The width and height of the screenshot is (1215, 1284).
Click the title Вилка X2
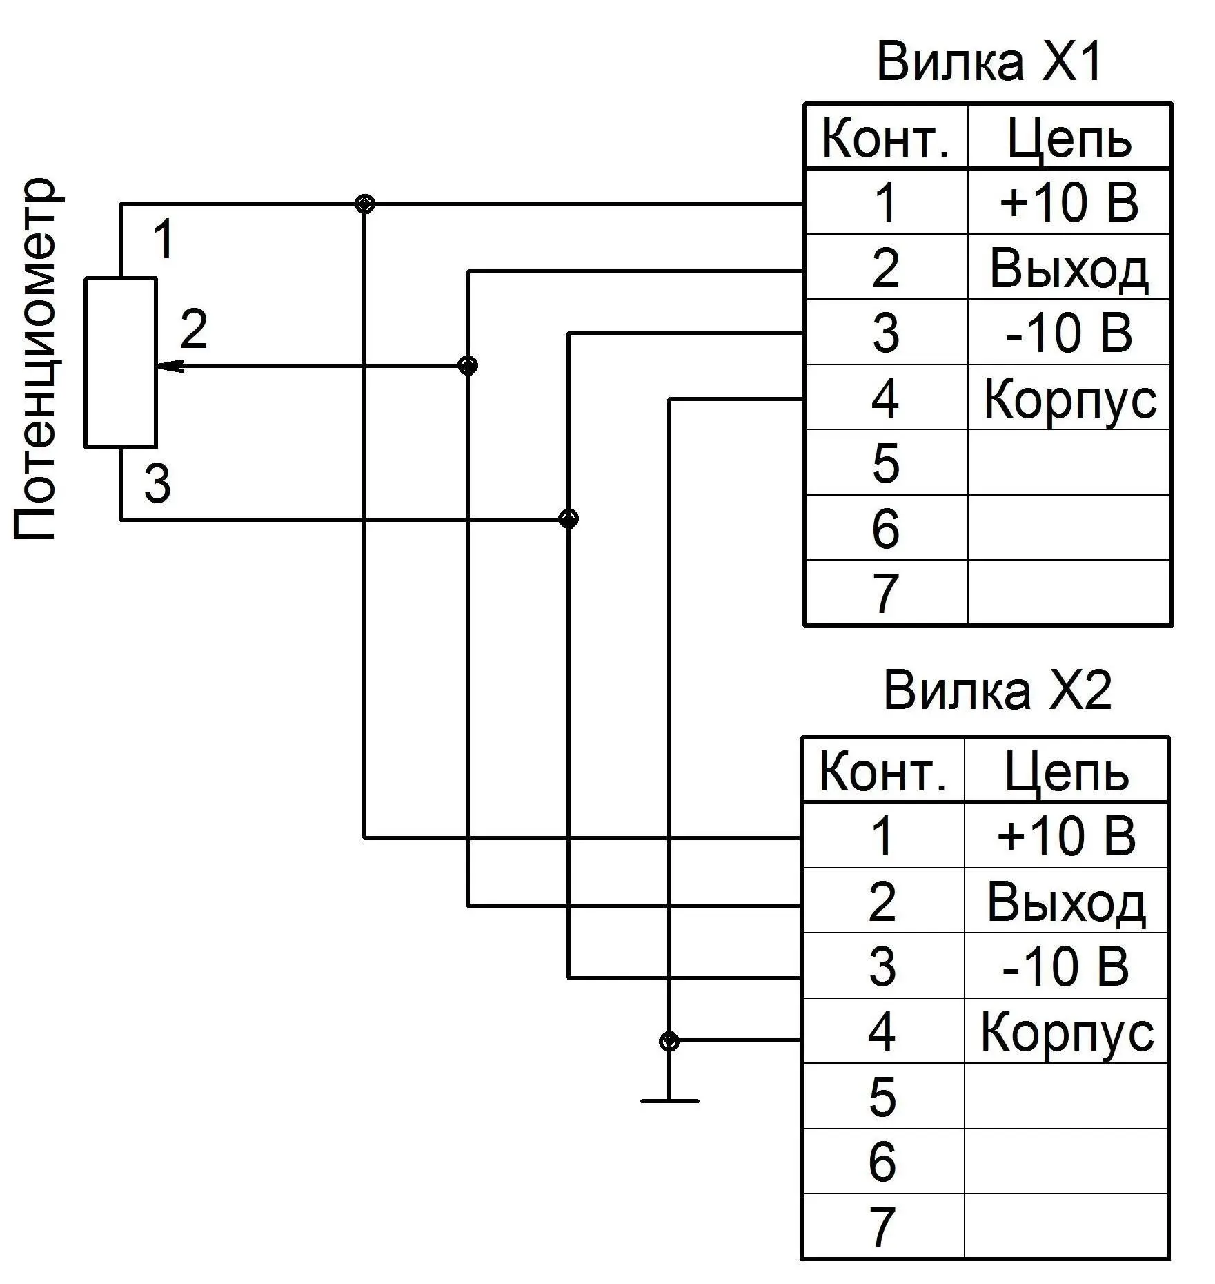[998, 691]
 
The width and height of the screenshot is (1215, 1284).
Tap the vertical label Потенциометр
[34, 359]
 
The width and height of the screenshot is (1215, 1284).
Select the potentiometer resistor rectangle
[121, 363]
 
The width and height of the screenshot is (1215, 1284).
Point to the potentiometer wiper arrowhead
[170, 366]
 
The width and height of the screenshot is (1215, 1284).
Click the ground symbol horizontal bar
[669, 1100]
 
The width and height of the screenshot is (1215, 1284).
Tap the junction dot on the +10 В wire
[364, 204]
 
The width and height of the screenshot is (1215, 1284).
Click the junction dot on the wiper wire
[468, 365]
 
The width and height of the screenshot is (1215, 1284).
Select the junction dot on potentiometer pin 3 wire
[568, 518]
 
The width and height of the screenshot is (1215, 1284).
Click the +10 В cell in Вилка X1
[1069, 202]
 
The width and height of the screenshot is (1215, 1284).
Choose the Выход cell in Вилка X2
[1066, 901]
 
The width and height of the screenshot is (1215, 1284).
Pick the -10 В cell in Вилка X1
[1069, 332]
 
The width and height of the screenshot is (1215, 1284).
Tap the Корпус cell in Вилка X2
[1066, 1032]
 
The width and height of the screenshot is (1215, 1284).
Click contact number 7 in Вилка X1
[886, 593]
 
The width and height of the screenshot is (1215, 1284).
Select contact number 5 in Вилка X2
[882, 1096]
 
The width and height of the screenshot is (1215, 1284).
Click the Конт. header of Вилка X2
[882, 771]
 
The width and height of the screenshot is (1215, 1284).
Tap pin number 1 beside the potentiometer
[163, 240]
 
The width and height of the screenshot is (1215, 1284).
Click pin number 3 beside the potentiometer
[157, 484]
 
